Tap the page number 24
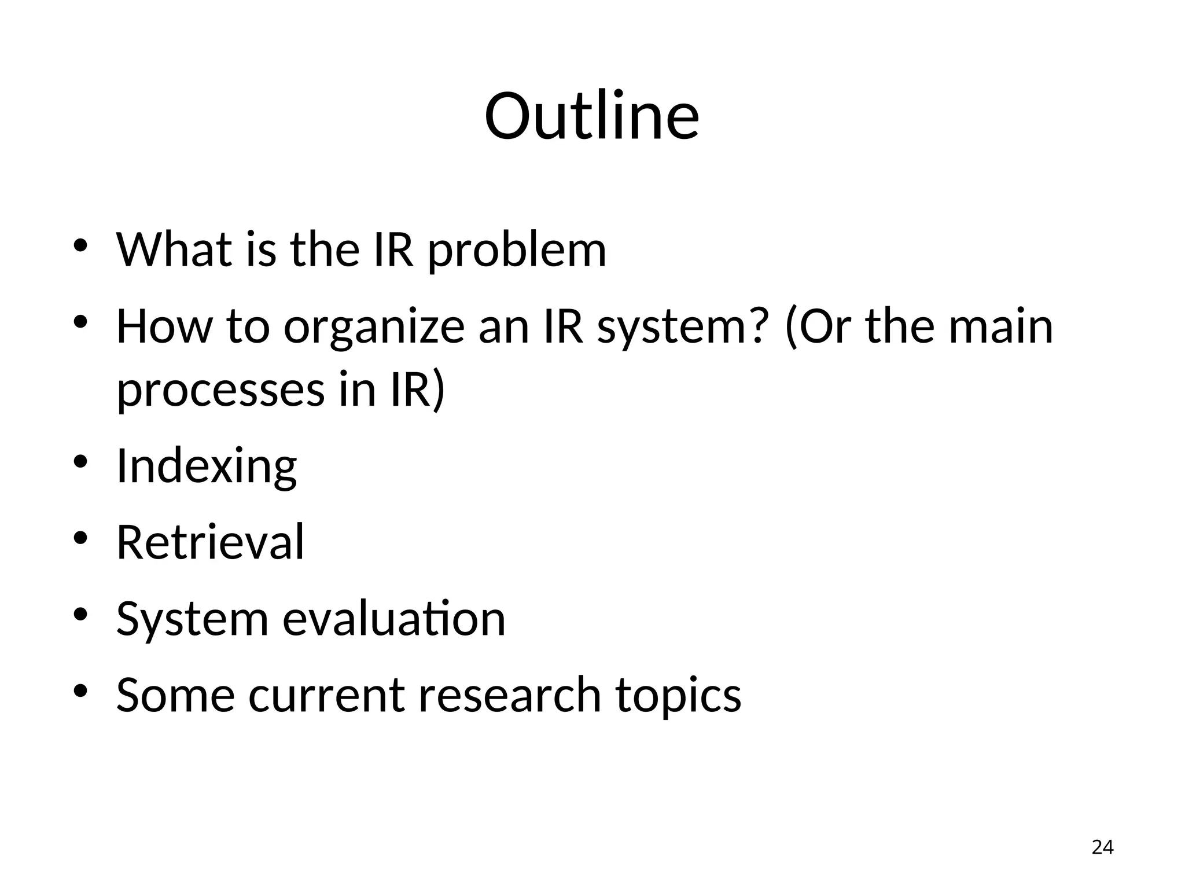[1102, 847]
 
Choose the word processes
[221, 391]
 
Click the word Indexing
[207, 466]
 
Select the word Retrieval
[210, 542]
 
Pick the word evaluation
[394, 619]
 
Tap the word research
[510, 695]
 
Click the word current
[327, 695]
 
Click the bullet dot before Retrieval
[80, 538]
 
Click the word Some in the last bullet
[175, 695]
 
